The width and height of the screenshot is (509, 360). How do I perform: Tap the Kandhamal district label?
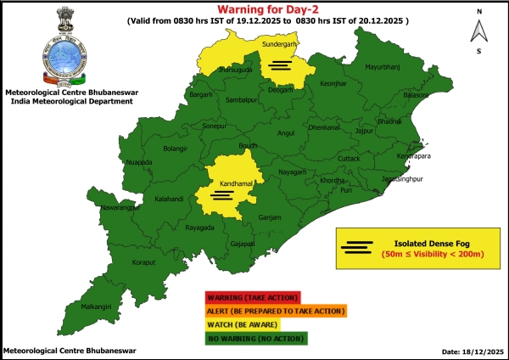tap(221, 183)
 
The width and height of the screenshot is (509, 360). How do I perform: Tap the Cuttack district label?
tap(349, 159)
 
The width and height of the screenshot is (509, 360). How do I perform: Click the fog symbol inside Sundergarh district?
tap(281, 64)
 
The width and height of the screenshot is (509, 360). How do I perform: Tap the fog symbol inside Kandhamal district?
tap(221, 194)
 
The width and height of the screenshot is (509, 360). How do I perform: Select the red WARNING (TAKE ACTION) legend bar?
tap(251, 297)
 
